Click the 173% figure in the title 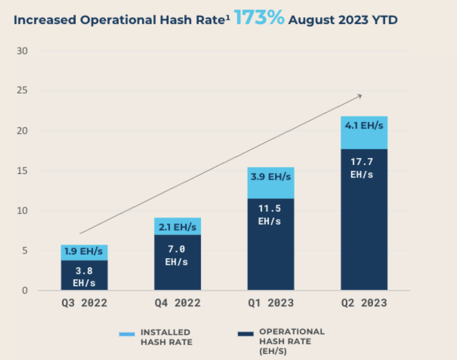pos(259,19)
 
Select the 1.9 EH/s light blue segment pos(84,252)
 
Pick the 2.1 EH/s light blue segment pos(177,227)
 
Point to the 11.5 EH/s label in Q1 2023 pos(270,215)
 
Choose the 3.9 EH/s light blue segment pos(270,177)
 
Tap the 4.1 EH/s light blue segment pos(364,126)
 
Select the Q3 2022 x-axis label pos(84,303)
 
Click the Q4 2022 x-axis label pos(177,303)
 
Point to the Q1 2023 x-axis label pos(270,303)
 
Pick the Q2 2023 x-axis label pos(364,303)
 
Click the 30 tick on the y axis pos(23,51)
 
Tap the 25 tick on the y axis pos(23,91)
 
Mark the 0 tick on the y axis pos(25,291)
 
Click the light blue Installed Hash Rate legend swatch pos(127,334)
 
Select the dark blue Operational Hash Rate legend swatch pos(245,333)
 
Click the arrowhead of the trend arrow pos(360,96)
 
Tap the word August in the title pos(310,20)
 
